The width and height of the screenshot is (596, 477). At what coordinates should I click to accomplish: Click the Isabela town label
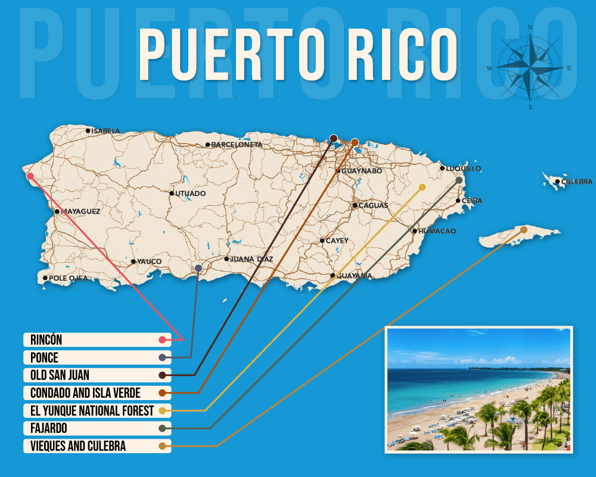coord(105,131)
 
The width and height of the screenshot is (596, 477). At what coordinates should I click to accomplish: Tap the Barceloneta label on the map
coord(237,144)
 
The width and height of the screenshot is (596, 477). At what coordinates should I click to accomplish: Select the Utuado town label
coord(191,193)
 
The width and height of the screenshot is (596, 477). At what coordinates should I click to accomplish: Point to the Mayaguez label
coord(81,211)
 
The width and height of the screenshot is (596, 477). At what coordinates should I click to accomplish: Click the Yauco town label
coord(149,261)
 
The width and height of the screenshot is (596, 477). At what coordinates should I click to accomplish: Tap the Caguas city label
coord(373,205)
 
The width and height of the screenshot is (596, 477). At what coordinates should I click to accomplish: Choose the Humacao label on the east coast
coord(437,231)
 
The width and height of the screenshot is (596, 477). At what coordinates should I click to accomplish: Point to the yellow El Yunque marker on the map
coord(422,187)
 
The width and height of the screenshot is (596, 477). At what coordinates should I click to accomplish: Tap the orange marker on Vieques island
coord(524,230)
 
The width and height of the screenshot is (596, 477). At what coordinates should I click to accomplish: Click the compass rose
coord(530,67)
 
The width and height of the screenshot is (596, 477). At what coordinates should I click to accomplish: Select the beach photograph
coord(479,389)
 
